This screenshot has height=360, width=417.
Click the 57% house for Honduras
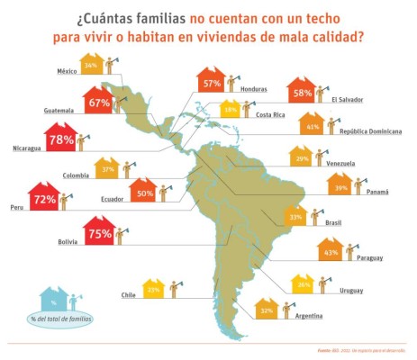(212, 82)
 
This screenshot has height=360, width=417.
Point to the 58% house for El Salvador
(303, 92)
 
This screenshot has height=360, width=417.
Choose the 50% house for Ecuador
(142, 193)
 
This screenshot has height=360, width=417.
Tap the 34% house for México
(91, 66)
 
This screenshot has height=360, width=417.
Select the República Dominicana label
(371, 131)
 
